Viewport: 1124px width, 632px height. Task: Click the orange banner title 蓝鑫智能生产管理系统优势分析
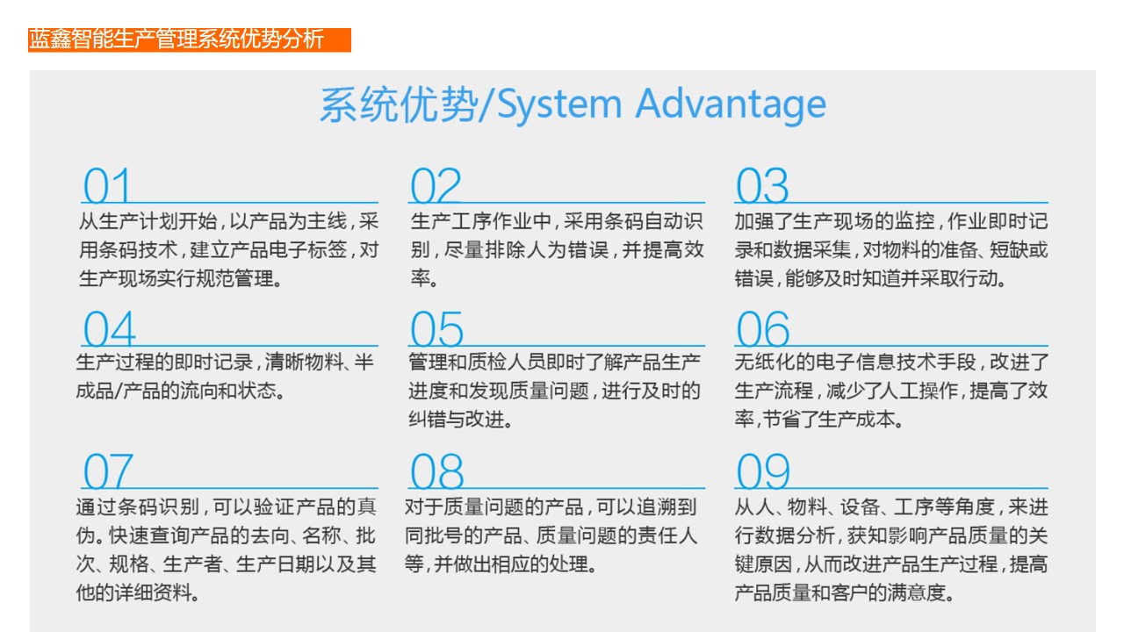177,39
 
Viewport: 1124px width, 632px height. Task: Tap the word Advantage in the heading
731,104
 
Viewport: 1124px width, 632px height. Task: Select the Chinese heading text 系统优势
399,104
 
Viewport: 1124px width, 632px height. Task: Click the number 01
107,185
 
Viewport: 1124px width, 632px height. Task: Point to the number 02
436,185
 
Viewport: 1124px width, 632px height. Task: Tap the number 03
762,185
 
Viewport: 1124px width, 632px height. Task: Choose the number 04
110,328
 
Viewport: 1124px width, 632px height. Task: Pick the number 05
436,328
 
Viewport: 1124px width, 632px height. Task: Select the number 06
763,328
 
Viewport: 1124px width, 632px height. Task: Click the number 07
108,470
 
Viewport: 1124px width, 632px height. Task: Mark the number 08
436,470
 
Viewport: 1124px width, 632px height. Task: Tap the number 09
763,470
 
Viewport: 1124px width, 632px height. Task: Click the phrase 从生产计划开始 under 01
148,221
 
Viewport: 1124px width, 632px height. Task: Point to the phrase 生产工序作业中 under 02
480,221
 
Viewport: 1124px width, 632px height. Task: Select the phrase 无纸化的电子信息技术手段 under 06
855,362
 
